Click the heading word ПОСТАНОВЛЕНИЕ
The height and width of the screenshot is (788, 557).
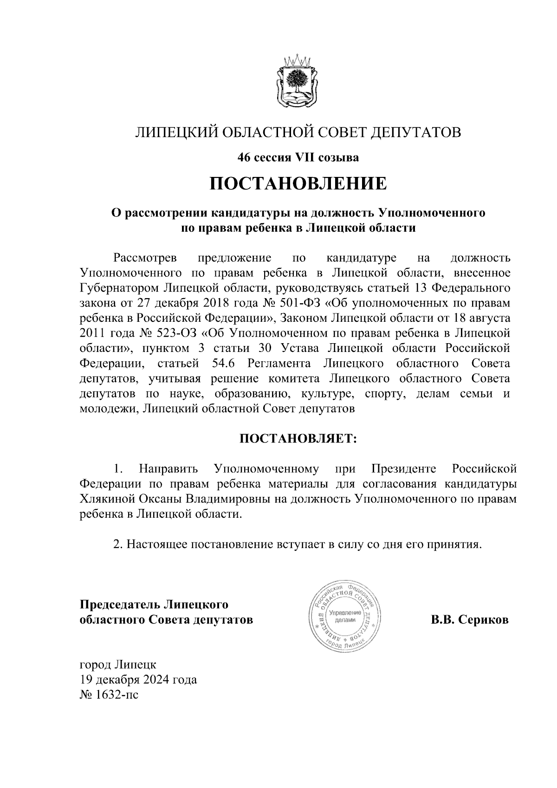coord(298,183)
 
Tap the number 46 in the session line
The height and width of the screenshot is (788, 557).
coord(243,158)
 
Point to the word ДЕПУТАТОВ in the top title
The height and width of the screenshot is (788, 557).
coord(416,133)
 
